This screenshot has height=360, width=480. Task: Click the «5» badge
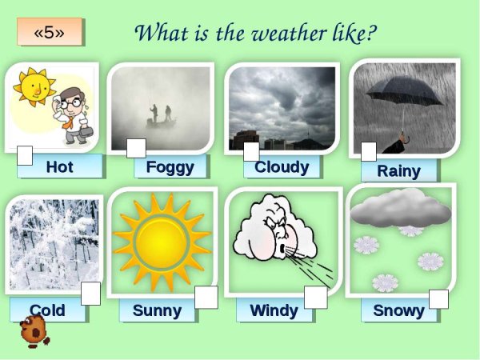tap(50, 32)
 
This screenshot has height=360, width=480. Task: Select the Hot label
tap(60, 166)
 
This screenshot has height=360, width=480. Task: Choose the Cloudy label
tap(282, 166)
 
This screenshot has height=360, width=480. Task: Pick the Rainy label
tap(398, 170)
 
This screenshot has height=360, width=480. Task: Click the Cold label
tap(47, 310)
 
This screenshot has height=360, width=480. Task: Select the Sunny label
tap(157, 310)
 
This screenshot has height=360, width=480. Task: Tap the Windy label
tap(274, 310)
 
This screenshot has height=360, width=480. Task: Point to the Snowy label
tap(398, 310)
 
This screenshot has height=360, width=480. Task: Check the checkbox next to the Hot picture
tap(26, 154)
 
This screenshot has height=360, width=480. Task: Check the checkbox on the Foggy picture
tap(136, 148)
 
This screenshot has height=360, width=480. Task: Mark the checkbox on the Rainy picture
tap(368, 151)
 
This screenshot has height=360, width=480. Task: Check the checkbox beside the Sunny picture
tap(206, 298)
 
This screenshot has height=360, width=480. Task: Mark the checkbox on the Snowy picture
tap(438, 298)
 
